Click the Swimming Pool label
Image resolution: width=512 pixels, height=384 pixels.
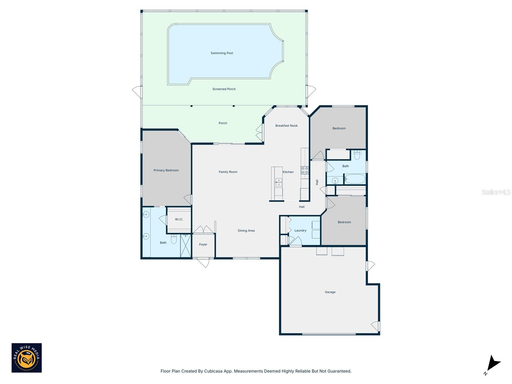point(221,53)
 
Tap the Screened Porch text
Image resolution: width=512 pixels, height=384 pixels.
point(224,89)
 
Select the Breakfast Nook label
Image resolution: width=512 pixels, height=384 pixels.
point(286,126)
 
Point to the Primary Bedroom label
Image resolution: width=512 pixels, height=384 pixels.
point(166,171)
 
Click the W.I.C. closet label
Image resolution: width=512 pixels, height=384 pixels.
point(179,220)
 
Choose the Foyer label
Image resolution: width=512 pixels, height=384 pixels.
point(203,244)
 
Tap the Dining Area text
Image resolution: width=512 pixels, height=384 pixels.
point(246,231)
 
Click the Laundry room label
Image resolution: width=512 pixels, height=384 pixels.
point(300,231)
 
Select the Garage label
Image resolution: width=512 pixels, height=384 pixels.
point(330,292)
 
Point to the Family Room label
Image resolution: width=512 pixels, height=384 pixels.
point(228,172)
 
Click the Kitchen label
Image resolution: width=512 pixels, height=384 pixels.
point(288,172)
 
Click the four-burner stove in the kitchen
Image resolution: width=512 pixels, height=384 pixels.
point(304,170)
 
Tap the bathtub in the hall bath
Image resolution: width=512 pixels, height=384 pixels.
point(355,179)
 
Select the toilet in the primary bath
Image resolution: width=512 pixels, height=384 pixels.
point(173,239)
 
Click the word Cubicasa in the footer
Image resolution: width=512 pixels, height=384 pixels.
point(213,371)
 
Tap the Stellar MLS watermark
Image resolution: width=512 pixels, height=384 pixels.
point(496,192)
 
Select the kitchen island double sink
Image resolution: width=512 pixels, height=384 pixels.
point(278,182)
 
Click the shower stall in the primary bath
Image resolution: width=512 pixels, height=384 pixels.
point(186,246)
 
